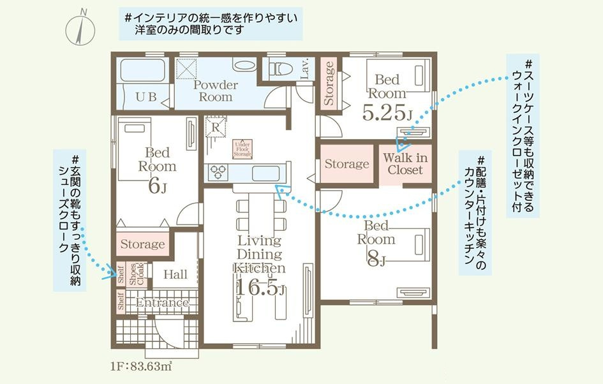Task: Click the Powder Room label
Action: pyautogui.click(x=216, y=91)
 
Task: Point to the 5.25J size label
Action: pyautogui.click(x=387, y=112)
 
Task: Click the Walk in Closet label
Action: pyautogui.click(x=405, y=163)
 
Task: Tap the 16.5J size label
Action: pyautogui.click(x=258, y=288)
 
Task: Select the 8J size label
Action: pyautogui.click(x=375, y=259)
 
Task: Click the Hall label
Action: pyautogui.click(x=175, y=274)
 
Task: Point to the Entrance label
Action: pyautogui.click(x=162, y=303)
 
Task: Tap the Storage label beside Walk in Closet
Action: pyautogui.click(x=346, y=164)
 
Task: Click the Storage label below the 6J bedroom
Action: pyautogui.click(x=142, y=244)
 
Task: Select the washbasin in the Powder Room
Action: pyautogui.click(x=243, y=66)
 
